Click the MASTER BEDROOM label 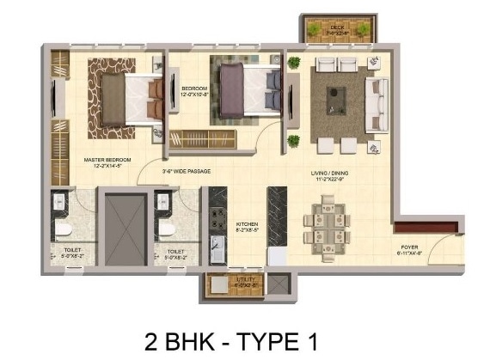(x=107, y=161)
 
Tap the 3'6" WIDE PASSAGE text (x=187, y=171)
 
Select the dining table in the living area (x=328, y=225)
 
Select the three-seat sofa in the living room (x=377, y=103)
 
